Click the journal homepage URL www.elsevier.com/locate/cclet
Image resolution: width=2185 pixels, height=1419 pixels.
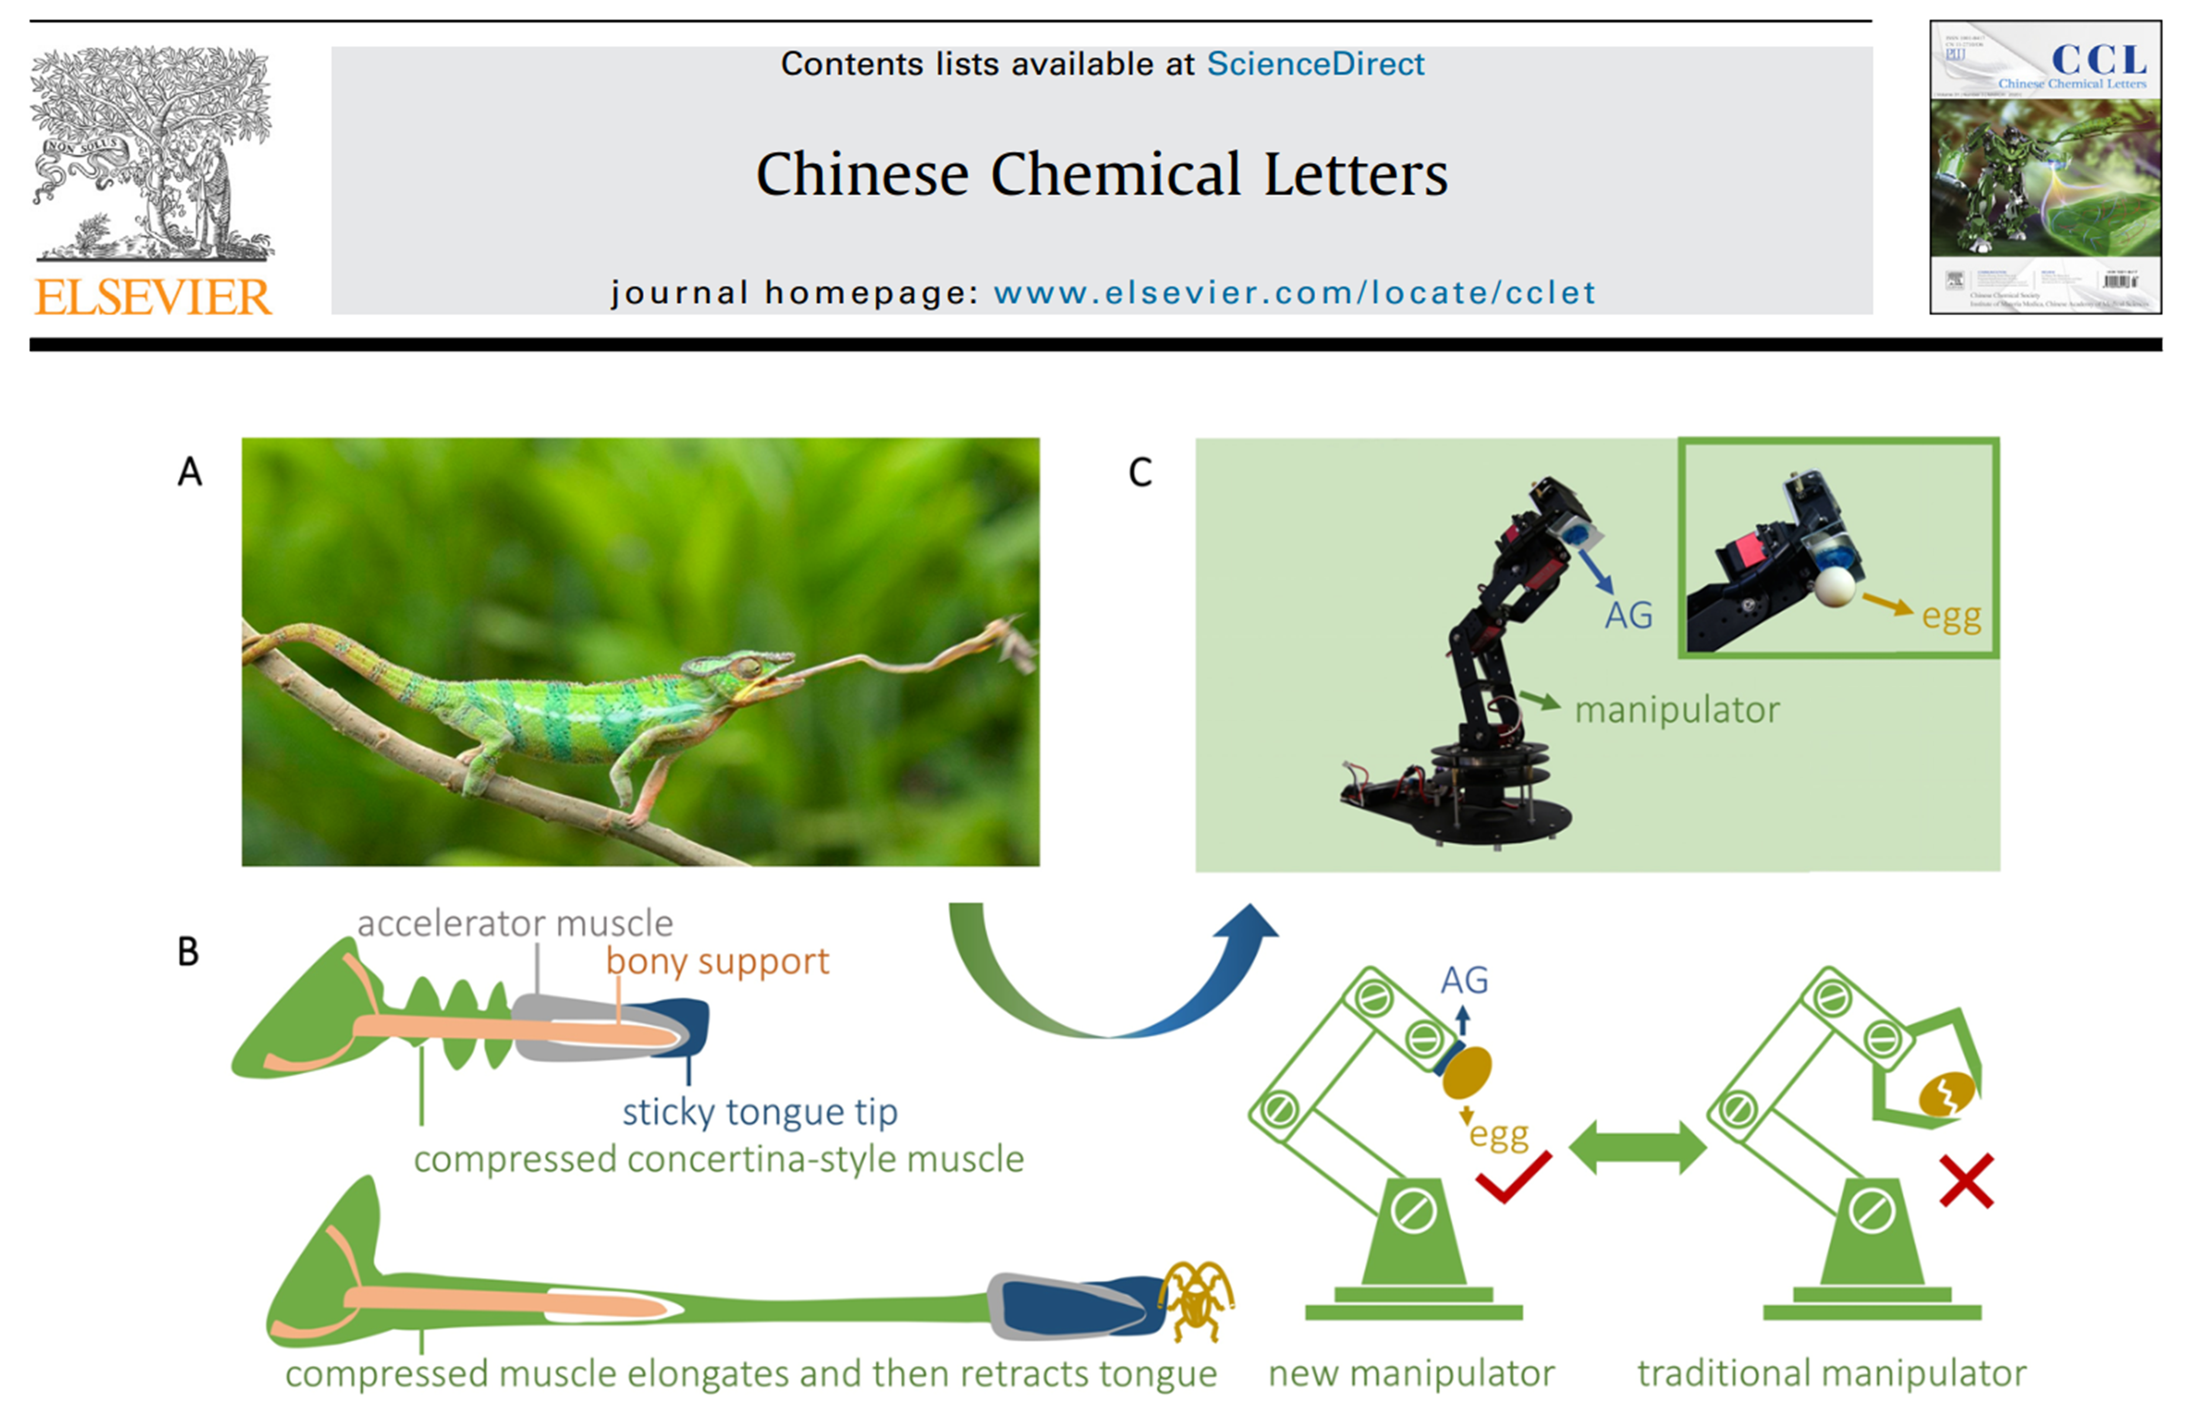point(1294,293)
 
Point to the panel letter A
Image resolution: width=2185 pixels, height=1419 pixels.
point(189,472)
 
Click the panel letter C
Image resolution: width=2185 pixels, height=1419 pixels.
point(1139,473)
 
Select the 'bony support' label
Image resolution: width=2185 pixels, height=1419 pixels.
point(717,961)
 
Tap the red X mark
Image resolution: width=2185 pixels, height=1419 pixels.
point(1966,1181)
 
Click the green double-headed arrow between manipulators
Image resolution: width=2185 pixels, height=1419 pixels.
point(1638,1147)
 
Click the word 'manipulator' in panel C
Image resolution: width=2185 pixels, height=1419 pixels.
point(1676,709)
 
